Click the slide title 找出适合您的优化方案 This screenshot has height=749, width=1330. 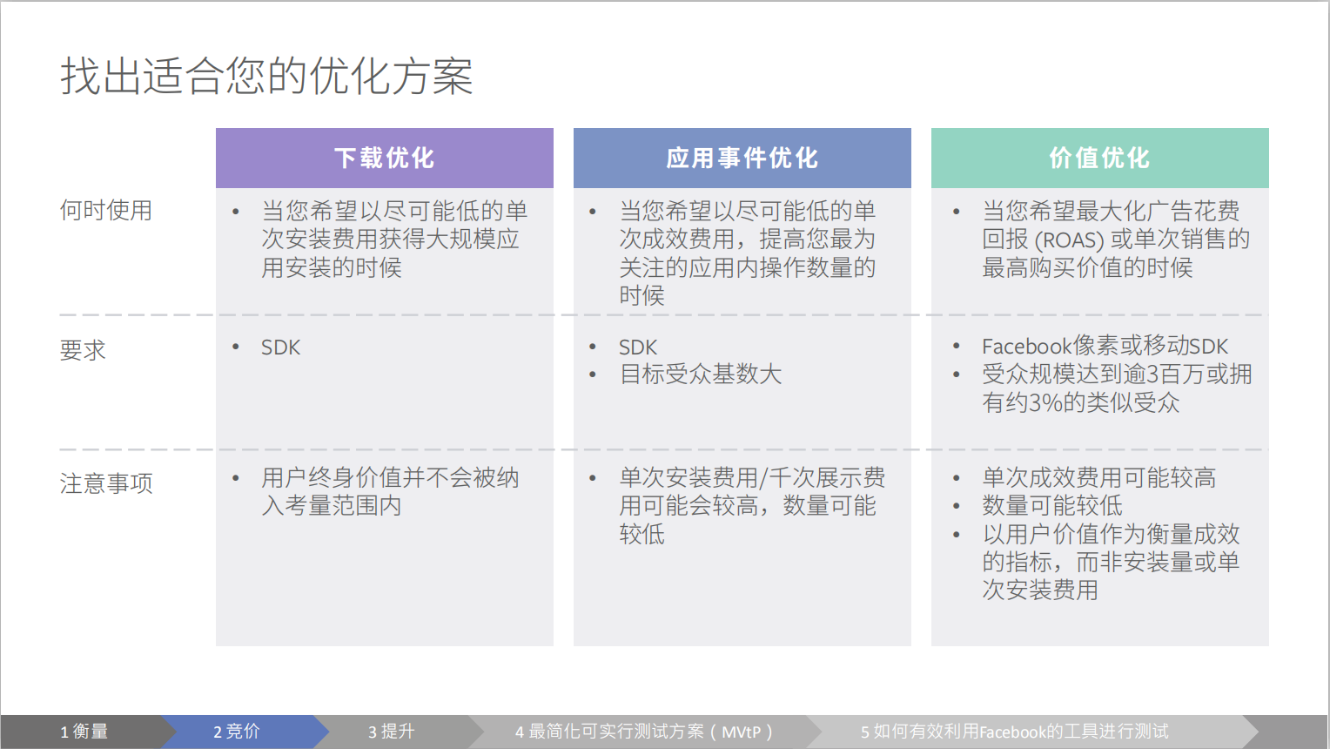[266, 76]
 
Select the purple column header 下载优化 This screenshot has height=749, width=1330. [384, 158]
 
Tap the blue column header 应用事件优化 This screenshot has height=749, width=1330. [742, 158]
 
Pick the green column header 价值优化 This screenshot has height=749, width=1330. [1099, 158]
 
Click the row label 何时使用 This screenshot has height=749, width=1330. [105, 211]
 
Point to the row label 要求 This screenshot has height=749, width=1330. [83, 350]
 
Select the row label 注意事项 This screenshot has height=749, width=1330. [106, 483]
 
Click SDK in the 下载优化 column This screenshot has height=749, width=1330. [280, 348]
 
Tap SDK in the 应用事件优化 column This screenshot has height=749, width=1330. [638, 348]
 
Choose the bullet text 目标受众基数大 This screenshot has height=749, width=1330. [701, 374]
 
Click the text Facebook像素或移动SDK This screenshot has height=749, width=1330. [1105, 346]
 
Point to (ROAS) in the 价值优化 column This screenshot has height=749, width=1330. [1069, 240]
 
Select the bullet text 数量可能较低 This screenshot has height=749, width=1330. [1052, 506]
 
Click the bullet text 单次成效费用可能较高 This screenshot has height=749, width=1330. [1098, 478]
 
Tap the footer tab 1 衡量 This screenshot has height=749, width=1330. [84, 732]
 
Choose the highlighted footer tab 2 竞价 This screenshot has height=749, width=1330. [237, 732]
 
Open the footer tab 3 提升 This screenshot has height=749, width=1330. [391, 732]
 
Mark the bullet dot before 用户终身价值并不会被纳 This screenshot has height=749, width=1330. [236, 478]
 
